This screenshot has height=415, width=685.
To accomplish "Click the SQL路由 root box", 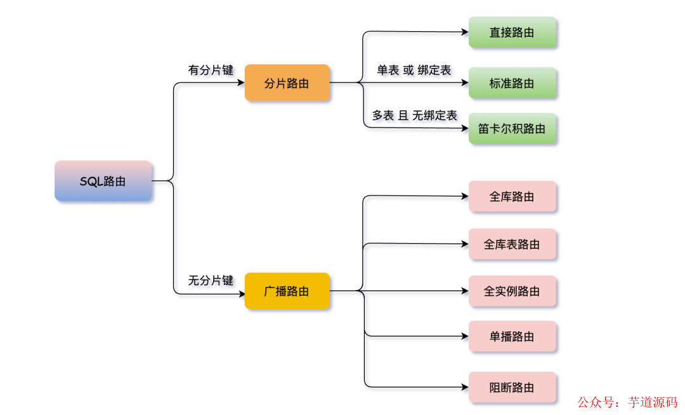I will (103, 181).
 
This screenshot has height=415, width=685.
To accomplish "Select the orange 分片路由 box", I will (287, 82).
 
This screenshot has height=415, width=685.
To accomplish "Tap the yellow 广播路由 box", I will (287, 291).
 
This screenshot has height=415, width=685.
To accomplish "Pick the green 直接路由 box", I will (512, 32).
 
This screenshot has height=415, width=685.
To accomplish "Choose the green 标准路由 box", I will (512, 83).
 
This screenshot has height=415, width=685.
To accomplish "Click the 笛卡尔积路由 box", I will (512, 129).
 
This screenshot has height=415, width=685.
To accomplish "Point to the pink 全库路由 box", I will (512, 197).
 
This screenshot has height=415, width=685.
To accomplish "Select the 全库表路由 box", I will (512, 244).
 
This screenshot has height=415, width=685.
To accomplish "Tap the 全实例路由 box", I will (512, 291).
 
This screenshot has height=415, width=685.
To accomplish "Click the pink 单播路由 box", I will (512, 336).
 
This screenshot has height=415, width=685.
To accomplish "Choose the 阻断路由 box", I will (512, 387).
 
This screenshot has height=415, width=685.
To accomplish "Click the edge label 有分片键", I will (211, 70).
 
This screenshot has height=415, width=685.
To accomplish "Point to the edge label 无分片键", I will (211, 280).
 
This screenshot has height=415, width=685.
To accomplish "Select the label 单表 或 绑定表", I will (414, 70).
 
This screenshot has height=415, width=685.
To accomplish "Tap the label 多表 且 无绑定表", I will (414, 115).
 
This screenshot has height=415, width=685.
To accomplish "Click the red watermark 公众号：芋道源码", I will (627, 402).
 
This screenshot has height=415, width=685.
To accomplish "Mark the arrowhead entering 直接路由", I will (465, 32).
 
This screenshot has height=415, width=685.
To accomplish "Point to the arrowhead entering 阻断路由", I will (465, 387).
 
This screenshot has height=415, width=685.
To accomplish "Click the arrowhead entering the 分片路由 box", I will (241, 82).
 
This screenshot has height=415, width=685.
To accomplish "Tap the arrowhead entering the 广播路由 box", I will (241, 294).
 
